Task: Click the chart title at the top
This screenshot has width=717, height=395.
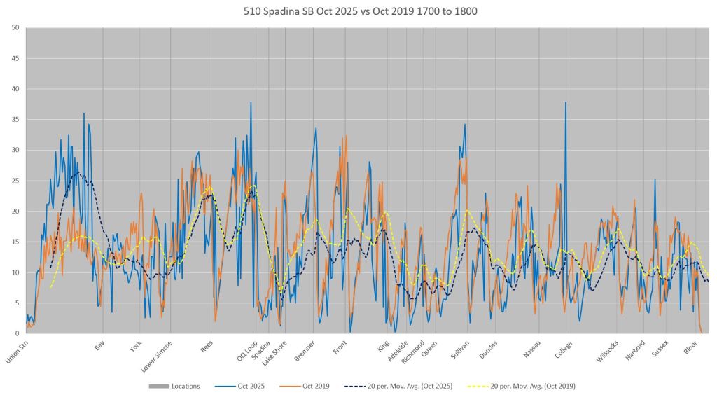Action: (358, 12)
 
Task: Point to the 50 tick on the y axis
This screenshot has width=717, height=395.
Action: (15, 28)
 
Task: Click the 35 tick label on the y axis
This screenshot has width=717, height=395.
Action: (15, 120)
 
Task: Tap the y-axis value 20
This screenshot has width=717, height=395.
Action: (15, 212)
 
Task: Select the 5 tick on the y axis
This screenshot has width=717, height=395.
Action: (18, 303)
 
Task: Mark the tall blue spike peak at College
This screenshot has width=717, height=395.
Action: (566, 103)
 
